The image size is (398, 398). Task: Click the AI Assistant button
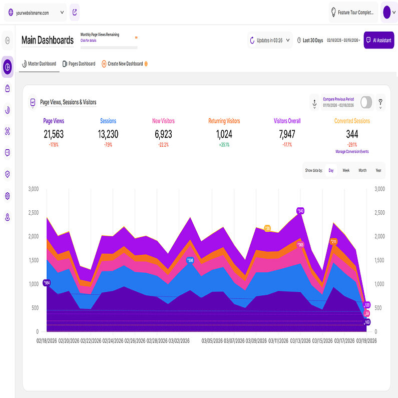(378, 40)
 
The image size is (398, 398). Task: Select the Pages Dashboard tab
(79, 64)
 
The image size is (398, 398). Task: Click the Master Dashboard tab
(39, 64)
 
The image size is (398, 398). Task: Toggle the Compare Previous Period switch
(366, 102)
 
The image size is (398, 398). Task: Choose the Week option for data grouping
(346, 170)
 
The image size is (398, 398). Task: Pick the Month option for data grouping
(362, 170)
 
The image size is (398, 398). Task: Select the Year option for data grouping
(378, 170)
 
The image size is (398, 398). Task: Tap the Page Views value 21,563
(54, 134)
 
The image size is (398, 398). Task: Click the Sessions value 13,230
(108, 134)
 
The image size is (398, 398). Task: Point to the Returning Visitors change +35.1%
(224, 145)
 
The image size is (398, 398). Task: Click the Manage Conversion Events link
(352, 151)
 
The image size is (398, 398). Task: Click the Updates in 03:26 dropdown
(270, 40)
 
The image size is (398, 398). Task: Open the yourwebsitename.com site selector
(35, 13)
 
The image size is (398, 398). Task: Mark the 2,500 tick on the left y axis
(34, 213)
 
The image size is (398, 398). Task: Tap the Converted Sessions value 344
(352, 134)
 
